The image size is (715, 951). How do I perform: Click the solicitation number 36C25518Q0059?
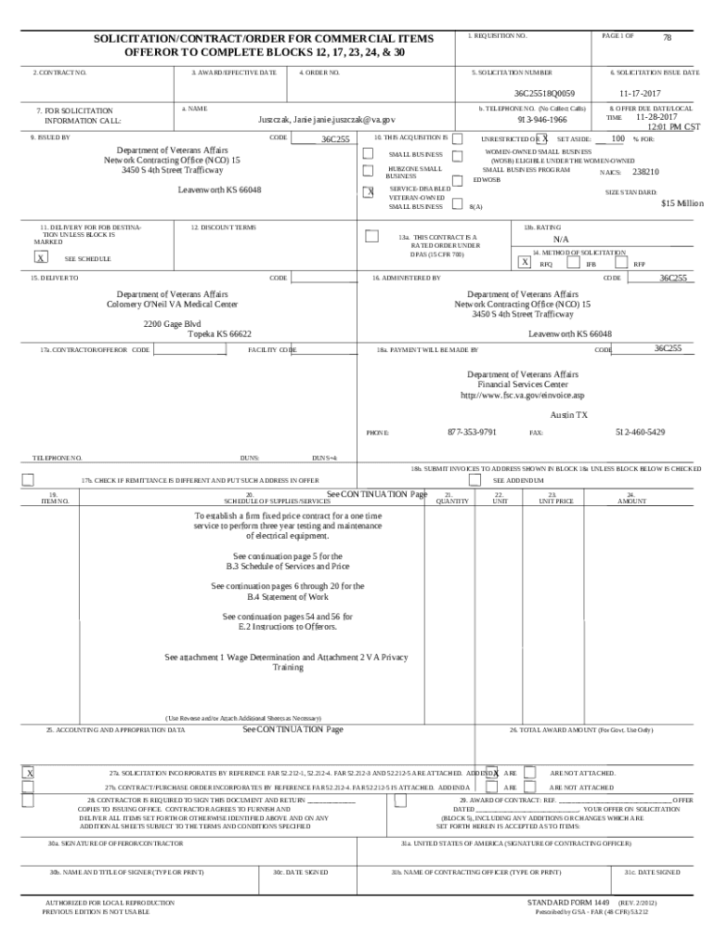(545, 93)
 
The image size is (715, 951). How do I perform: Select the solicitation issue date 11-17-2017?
(641, 93)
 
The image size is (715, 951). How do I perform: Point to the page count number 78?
(667, 38)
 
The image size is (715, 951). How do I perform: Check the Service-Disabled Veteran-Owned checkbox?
(368, 192)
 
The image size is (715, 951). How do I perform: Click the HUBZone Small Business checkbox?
(368, 170)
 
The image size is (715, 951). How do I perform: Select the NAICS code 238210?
(645, 172)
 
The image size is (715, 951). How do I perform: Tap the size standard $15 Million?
(682, 203)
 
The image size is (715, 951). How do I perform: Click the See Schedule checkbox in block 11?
(41, 258)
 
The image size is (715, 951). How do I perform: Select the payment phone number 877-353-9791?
(472, 432)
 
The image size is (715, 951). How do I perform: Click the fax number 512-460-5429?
(640, 432)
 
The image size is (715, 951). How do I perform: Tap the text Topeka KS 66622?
(219, 334)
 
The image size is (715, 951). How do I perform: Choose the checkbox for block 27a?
(29, 773)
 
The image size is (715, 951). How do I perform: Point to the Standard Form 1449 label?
(566, 902)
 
